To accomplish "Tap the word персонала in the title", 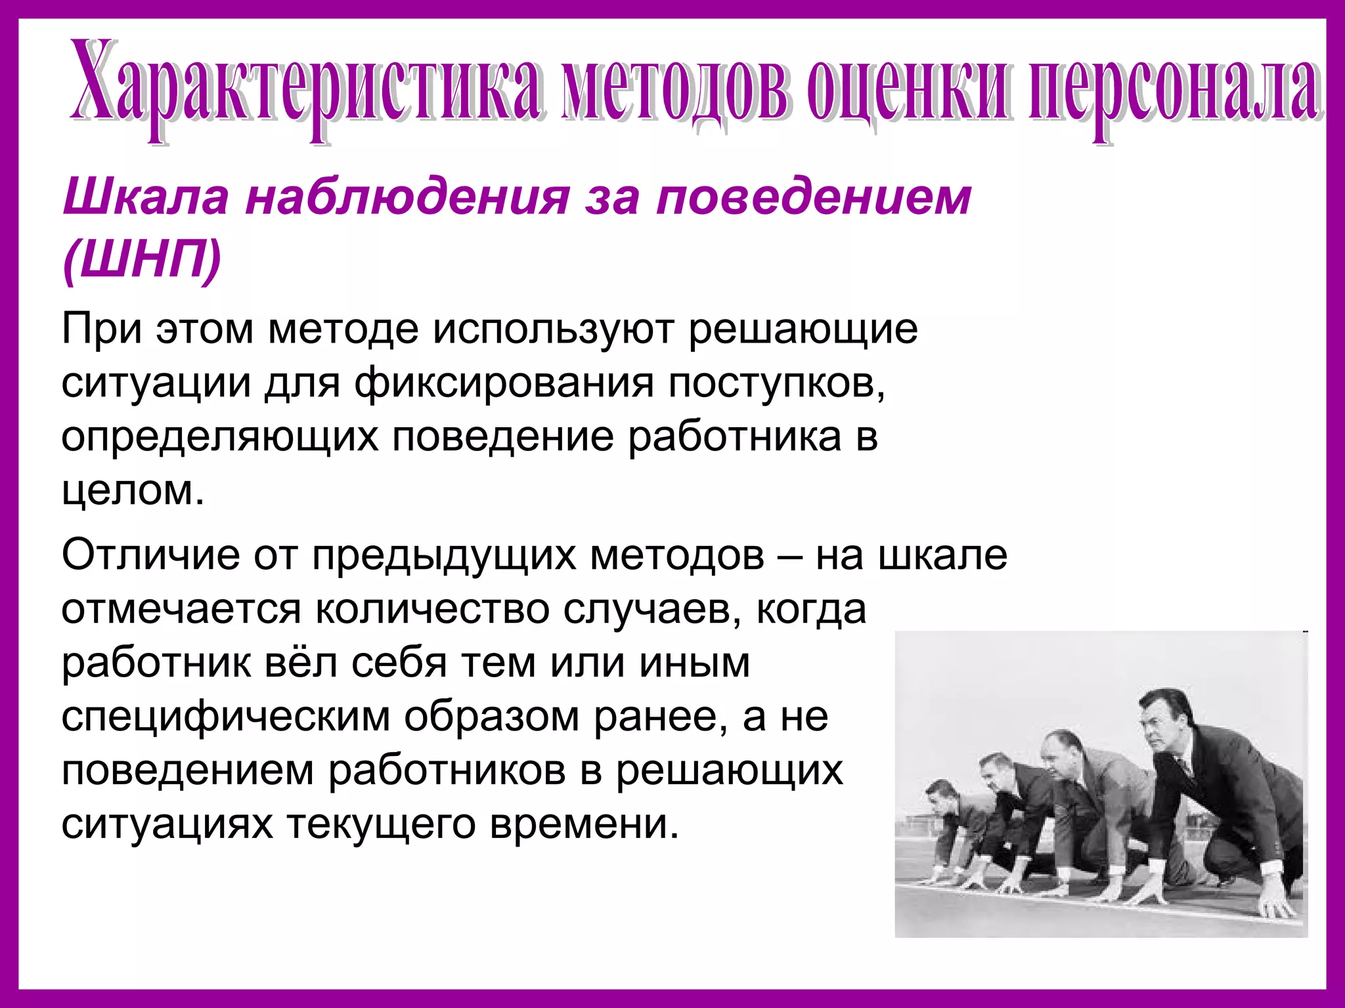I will tap(1176, 89).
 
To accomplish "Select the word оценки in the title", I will tap(906, 89).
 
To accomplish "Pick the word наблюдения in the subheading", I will tap(407, 197).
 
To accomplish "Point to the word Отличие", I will tap(151, 555).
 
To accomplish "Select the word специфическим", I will tap(226, 717).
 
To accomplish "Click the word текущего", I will tap(381, 825).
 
